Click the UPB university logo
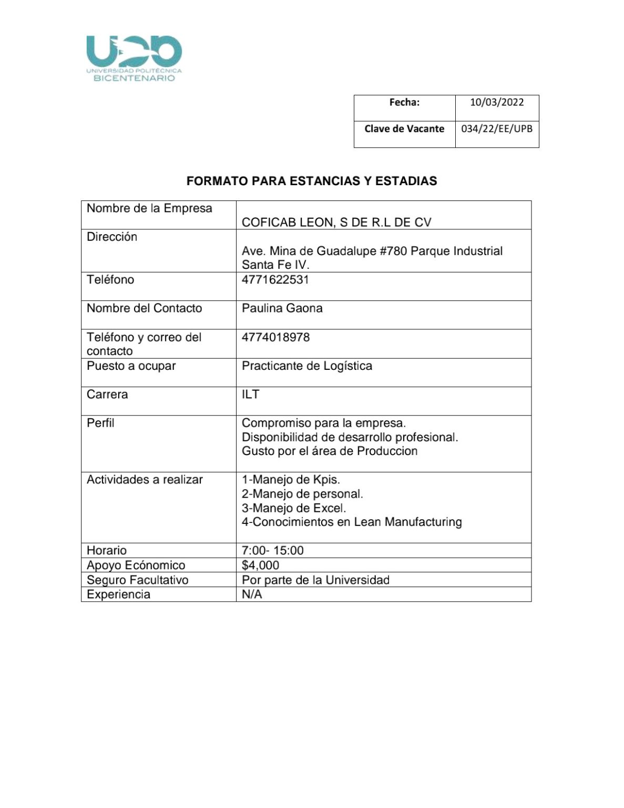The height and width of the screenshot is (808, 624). pos(134,58)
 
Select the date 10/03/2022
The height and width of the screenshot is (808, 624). pos(496,103)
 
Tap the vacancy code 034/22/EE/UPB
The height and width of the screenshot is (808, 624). pos(496,129)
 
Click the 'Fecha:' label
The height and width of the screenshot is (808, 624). pos(404,103)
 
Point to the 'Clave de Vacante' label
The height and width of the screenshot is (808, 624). pos(404,129)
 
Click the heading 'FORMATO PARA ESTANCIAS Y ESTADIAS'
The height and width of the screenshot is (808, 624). pos(312,181)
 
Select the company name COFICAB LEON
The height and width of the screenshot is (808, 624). pos(336,223)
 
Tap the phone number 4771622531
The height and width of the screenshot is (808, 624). pos(275,279)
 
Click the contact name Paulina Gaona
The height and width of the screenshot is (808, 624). pos(282,308)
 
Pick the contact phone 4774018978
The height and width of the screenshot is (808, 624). pos(275,337)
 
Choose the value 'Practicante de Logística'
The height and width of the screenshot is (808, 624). pos(306,366)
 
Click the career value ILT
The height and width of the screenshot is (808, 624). pos(250,394)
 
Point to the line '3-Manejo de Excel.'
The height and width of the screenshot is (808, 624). pos(293,508)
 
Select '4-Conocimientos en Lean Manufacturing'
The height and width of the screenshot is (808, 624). pos(351,522)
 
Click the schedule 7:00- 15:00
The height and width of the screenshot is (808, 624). pos(272,551)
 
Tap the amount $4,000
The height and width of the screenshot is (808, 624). pos(260,565)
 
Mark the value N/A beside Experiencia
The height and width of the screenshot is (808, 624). pos(251,594)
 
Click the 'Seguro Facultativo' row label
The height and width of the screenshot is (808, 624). pos(137,580)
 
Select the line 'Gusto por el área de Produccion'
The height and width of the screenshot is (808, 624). pos(329,451)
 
